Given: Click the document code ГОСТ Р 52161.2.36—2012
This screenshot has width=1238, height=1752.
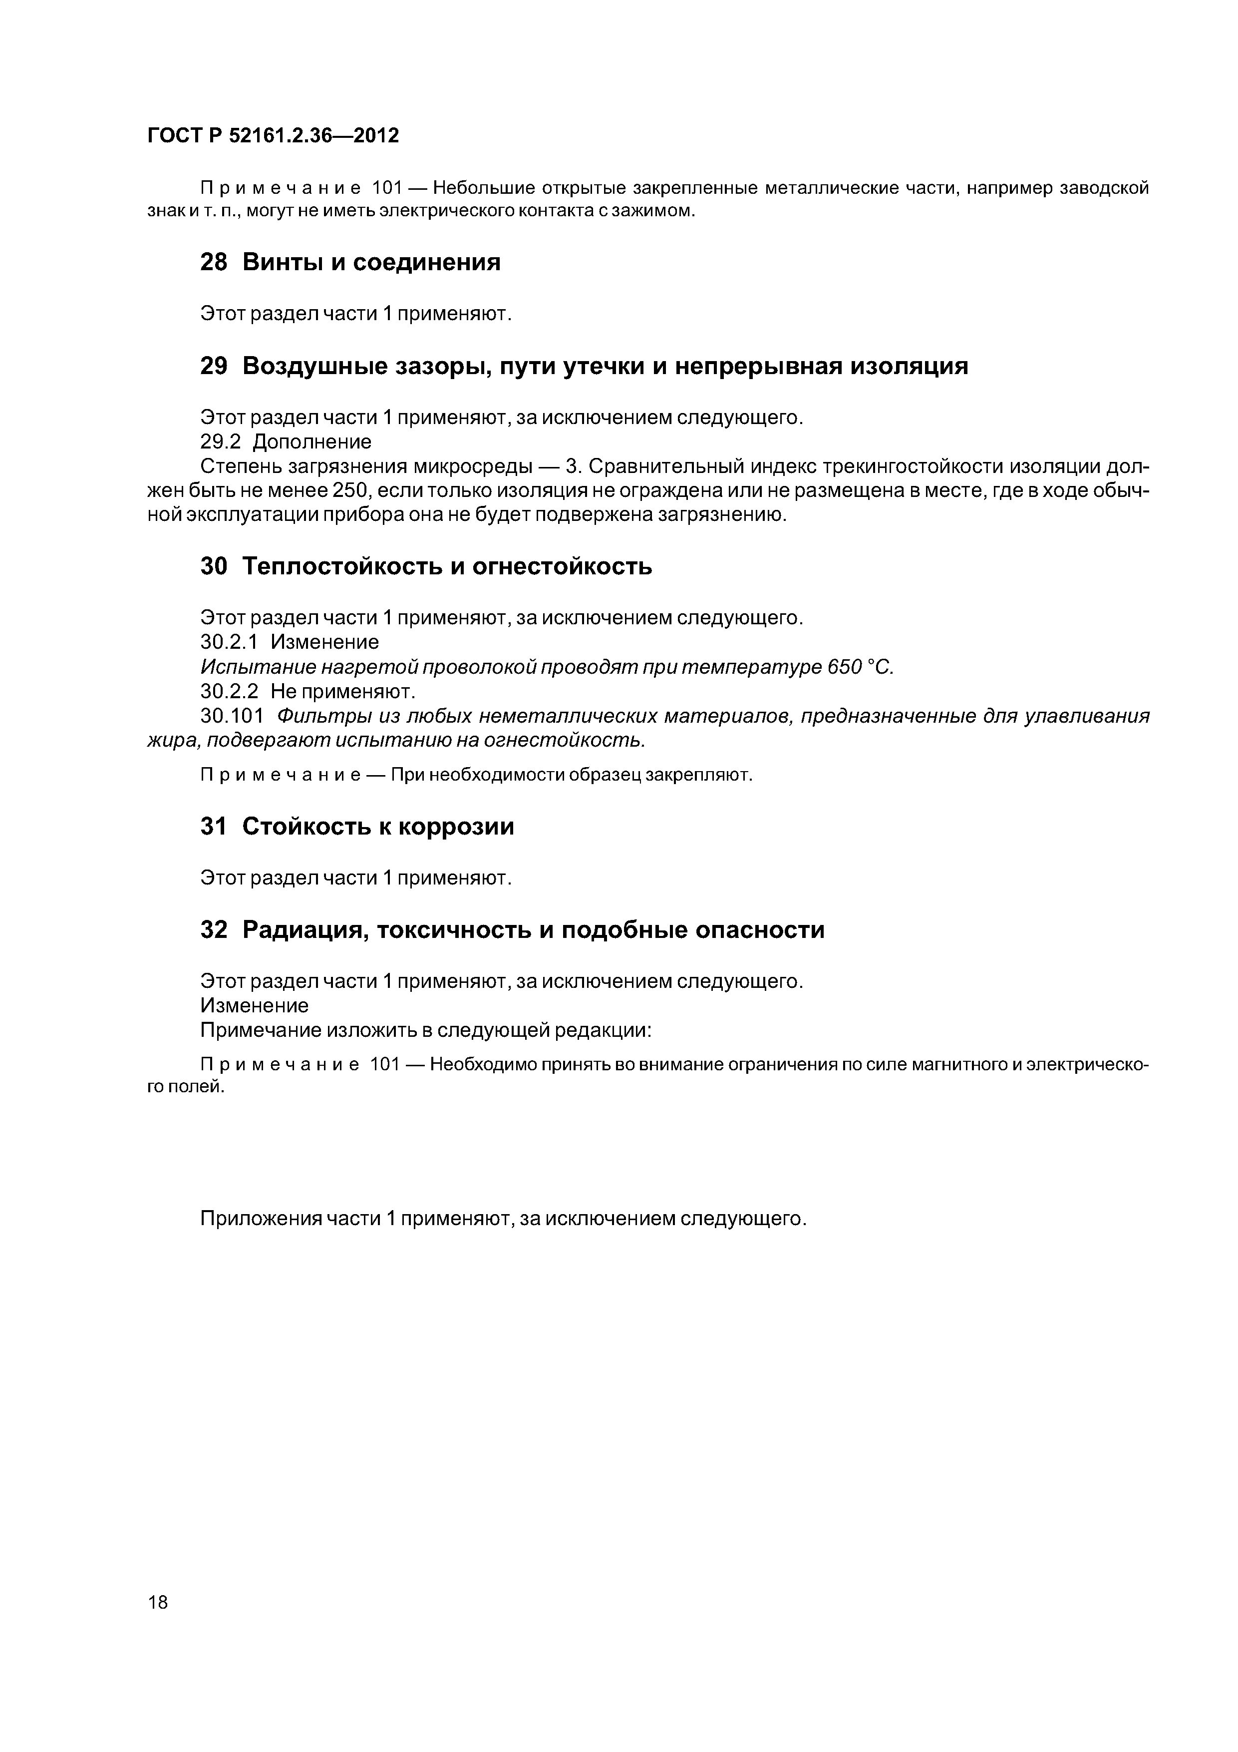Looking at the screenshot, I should click(273, 136).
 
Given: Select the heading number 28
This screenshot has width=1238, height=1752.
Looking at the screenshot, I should click(214, 263).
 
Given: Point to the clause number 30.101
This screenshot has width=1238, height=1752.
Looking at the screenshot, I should click(233, 717).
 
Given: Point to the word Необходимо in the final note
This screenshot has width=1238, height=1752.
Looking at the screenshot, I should click(484, 1064).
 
